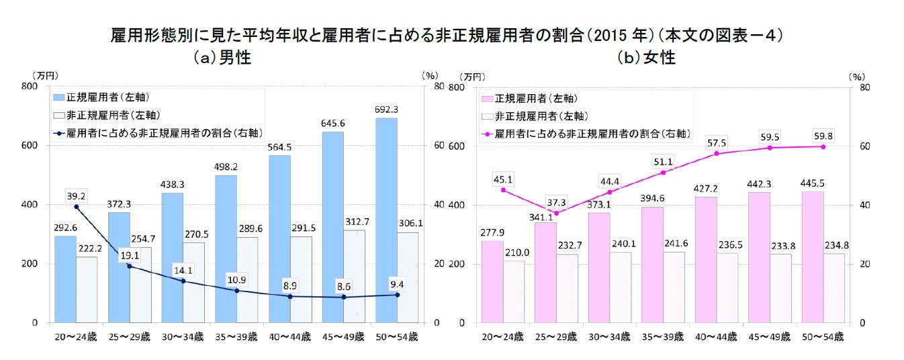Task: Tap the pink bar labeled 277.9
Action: tap(492, 281)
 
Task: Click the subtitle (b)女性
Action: tap(646, 58)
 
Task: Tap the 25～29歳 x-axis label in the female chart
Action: tap(556, 336)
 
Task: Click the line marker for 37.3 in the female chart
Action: tap(556, 213)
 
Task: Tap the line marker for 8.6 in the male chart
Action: tap(344, 297)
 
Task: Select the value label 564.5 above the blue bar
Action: tap(279, 147)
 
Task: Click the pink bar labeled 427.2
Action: tap(706, 259)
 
